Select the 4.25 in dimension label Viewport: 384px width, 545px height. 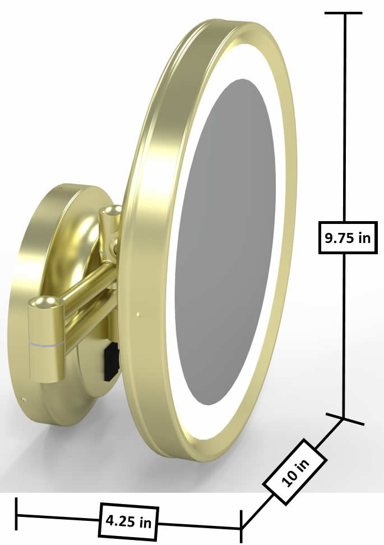coord(128,521)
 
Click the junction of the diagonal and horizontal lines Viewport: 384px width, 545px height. coord(242,528)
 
